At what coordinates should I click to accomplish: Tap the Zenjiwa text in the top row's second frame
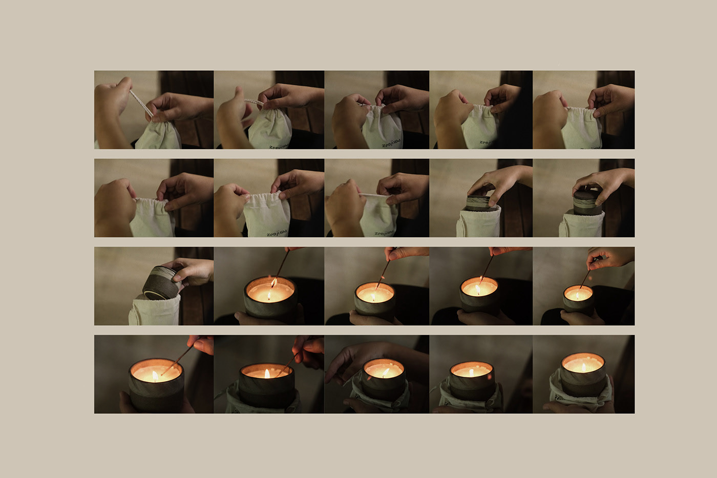coord(278,146)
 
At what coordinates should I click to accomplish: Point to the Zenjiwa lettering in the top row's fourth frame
coord(486,142)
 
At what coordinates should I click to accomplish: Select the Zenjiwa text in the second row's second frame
coord(277,233)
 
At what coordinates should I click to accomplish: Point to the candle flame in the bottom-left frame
coord(155,376)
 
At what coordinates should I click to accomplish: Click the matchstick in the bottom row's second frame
coord(287,364)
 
